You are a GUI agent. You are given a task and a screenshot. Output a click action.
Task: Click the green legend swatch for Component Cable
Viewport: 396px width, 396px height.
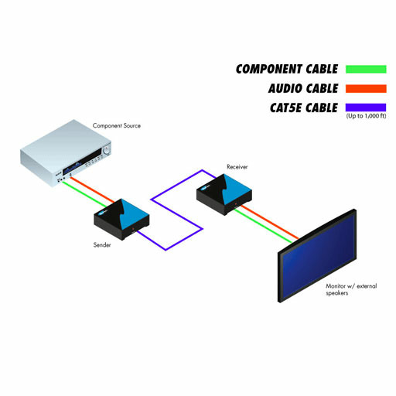[366, 69]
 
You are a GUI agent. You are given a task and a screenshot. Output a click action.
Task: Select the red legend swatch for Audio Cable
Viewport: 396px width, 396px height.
[366, 88]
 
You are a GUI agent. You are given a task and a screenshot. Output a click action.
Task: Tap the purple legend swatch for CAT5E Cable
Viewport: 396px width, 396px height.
[366, 108]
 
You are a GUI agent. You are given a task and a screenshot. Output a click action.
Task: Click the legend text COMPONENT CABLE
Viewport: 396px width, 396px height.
[287, 69]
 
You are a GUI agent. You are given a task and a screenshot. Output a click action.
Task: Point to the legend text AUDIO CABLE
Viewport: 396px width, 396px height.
[303, 88]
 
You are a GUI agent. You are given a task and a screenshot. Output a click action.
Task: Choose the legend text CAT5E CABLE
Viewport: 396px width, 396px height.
[304, 108]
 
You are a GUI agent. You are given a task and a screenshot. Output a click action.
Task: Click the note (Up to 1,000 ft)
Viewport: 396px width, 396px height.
[366, 116]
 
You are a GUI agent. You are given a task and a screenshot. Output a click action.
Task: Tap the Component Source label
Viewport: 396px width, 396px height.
[117, 126]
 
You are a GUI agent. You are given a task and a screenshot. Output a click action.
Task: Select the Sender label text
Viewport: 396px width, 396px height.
[102, 245]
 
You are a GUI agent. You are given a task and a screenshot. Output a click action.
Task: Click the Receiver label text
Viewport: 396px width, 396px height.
[237, 167]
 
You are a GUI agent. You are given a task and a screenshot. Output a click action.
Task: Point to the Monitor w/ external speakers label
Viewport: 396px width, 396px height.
[351, 289]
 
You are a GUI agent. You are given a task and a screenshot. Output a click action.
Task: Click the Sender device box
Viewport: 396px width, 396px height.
[121, 219]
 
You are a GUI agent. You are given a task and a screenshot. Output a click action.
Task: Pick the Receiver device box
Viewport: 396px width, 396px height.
[224, 194]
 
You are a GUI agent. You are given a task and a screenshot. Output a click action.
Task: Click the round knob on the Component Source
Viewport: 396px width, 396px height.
[106, 150]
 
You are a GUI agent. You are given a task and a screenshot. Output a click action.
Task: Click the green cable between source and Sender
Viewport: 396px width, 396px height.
[84, 194]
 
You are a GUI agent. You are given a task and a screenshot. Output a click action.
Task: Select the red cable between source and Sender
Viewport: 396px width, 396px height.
[92, 189]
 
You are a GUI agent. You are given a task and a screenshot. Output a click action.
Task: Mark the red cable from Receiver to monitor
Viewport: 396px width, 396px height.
[269, 222]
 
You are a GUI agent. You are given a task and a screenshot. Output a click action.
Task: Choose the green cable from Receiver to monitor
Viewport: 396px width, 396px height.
[263, 226]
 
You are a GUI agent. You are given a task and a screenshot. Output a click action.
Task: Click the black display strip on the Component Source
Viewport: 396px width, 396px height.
[81, 162]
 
